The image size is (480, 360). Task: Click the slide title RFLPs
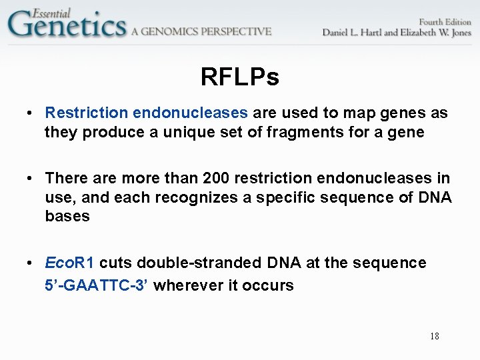coord(239,78)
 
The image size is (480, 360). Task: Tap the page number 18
coord(434,336)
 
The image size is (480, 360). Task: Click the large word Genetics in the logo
coord(67,27)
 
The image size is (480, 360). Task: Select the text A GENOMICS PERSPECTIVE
coord(201,31)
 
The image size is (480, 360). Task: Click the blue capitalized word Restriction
coord(86,113)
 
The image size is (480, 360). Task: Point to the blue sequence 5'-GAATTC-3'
coord(97,285)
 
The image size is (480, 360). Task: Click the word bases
coord(67,217)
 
